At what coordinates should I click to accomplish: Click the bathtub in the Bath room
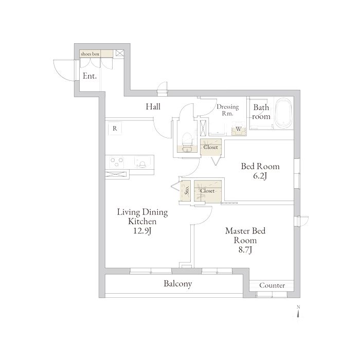point(284,113)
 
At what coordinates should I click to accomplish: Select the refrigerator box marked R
point(115,129)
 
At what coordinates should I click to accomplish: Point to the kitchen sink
point(142,162)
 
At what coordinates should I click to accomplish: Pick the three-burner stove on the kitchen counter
point(117,162)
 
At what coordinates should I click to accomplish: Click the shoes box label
point(90,54)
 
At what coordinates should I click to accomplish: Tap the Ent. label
point(89,76)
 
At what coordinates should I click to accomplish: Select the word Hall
point(153,106)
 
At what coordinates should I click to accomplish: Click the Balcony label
point(178,284)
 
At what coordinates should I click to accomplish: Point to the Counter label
point(272,285)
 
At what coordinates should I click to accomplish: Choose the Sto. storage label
point(187,190)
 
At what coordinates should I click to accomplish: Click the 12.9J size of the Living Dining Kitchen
point(142,231)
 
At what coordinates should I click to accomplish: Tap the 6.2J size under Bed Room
point(260,176)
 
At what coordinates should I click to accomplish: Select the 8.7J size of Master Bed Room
point(245,249)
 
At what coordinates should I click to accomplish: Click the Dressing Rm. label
point(227,110)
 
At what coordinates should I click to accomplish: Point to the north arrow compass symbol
point(298,313)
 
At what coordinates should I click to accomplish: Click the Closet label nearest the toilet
point(210,147)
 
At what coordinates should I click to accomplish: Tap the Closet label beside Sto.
point(207,191)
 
